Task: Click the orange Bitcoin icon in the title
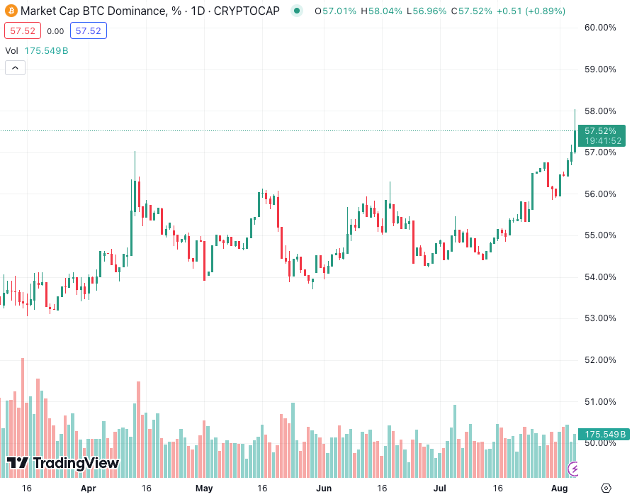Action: coord(11,11)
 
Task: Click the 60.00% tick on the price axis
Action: coord(599,28)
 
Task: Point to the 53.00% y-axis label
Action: coord(599,318)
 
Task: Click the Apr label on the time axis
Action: coord(89,488)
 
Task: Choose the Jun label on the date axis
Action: coord(324,488)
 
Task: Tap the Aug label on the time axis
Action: coord(559,488)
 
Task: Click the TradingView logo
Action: coord(62,463)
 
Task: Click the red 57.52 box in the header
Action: coord(21,30)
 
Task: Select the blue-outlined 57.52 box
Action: coord(88,30)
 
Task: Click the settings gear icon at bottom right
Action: coord(606,488)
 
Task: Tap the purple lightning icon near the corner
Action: coord(575,469)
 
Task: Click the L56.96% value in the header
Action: coord(429,11)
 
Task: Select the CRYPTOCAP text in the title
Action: coord(247,11)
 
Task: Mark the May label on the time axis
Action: coord(204,488)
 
